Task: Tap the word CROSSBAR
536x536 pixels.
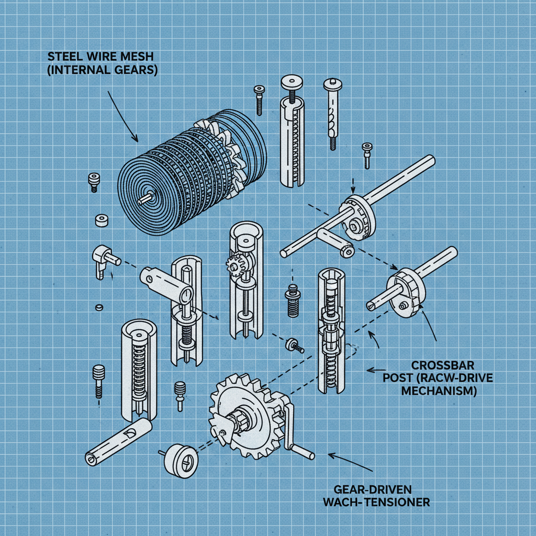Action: point(436,365)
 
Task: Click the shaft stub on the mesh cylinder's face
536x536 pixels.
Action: point(147,197)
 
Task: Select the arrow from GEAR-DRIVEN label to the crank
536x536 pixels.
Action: point(345,461)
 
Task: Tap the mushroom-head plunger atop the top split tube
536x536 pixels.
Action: point(292,84)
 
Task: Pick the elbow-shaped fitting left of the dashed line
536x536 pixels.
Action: point(103,258)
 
